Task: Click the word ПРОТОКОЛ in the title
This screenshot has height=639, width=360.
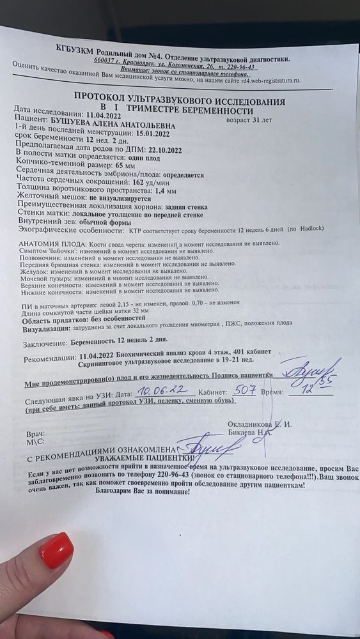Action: click(103, 95)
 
